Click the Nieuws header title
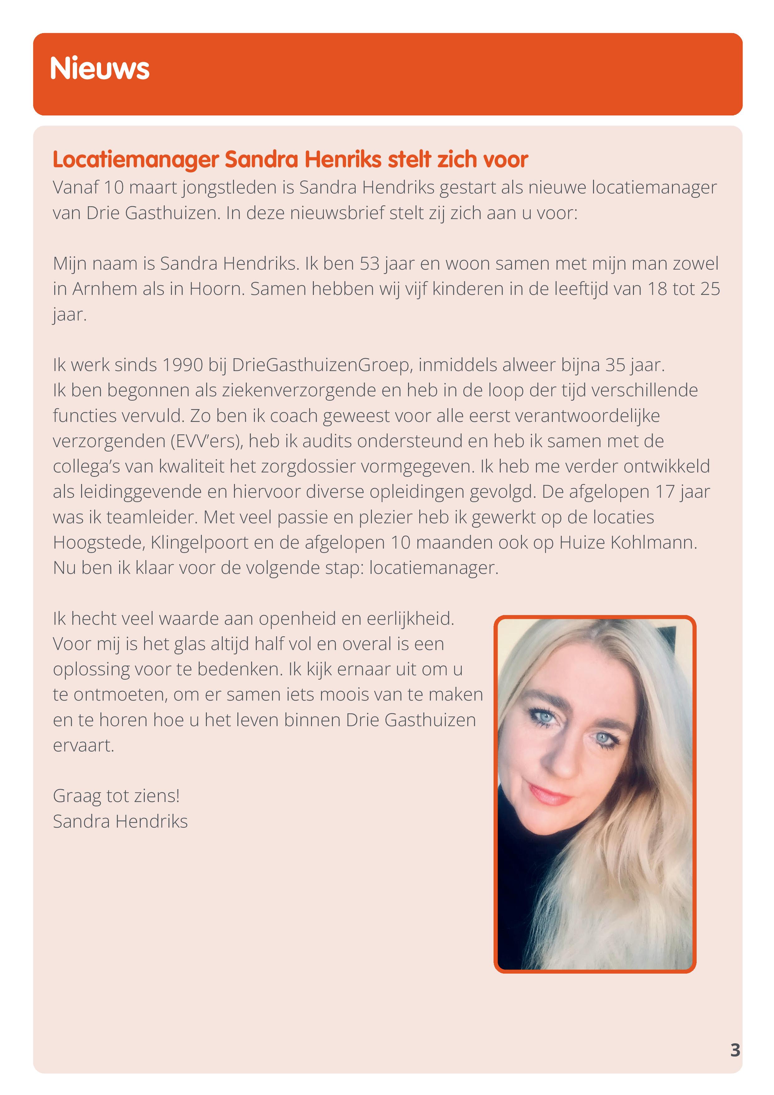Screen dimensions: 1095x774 [99, 68]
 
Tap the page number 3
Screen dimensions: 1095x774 [735, 1050]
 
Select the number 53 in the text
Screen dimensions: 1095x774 [369, 263]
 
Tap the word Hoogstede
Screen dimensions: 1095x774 [99, 542]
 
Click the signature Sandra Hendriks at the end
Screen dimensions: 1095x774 [120, 821]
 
